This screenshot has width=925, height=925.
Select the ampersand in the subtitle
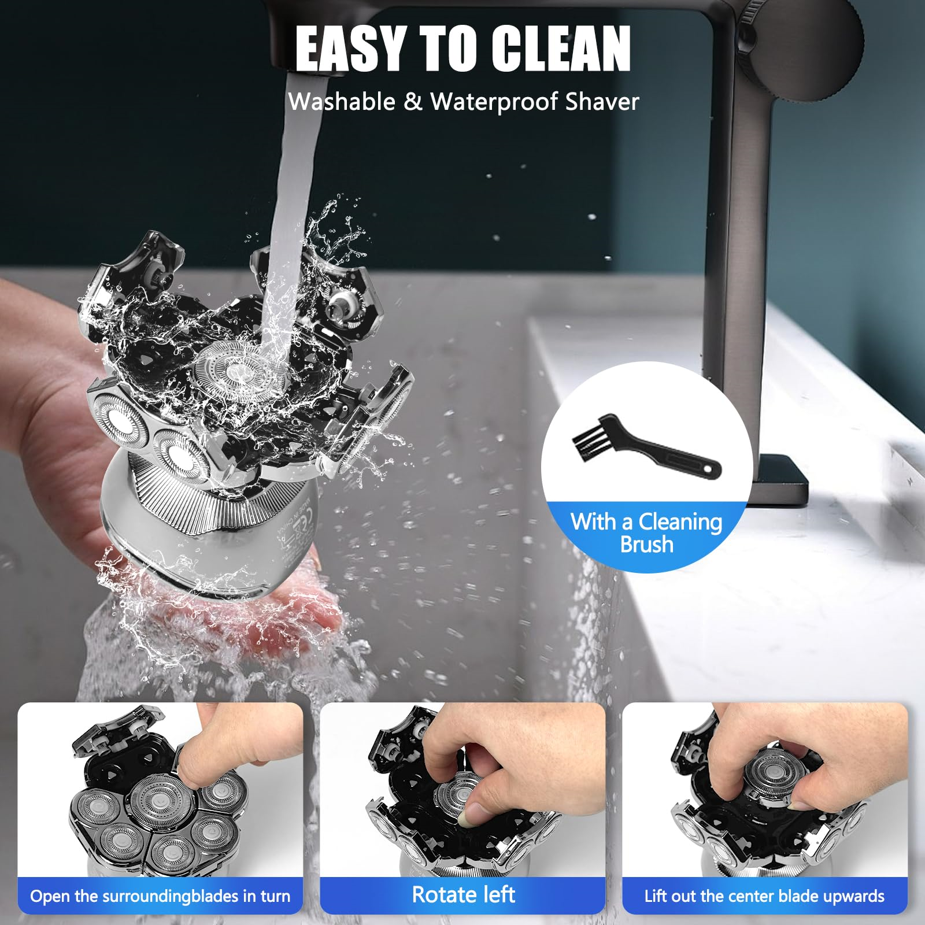(413, 102)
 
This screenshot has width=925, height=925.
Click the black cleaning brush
(646, 445)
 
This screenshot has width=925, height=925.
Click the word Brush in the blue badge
(646, 545)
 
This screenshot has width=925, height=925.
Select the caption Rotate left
(463, 894)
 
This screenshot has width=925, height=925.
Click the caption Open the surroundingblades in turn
(160, 896)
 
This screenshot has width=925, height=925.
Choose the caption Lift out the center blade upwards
(764, 896)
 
